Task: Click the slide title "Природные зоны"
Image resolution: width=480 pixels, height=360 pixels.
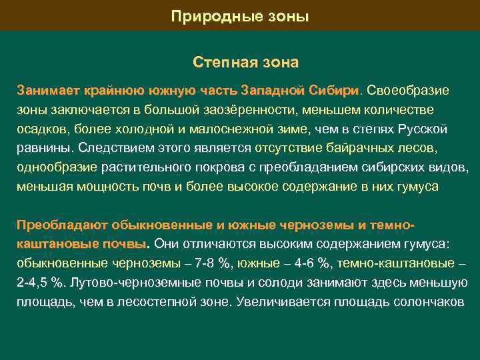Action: tap(240, 15)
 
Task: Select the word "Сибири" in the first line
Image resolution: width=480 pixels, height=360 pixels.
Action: tap(337, 89)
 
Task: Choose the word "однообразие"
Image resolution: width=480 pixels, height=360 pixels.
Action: tap(57, 167)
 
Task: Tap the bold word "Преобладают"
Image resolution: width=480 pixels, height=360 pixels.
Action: tap(59, 224)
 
